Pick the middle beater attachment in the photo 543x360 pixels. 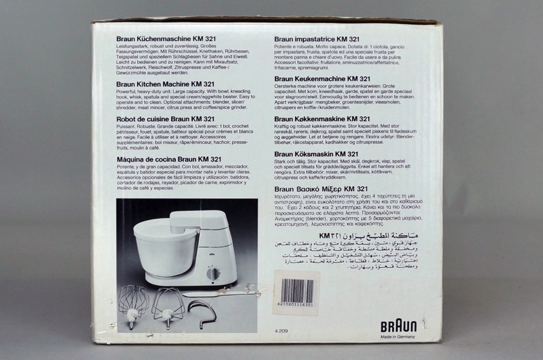pos(168,306)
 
